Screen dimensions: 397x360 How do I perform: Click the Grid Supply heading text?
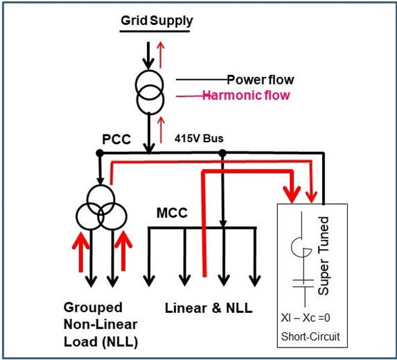157,21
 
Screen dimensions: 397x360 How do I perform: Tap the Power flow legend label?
261,80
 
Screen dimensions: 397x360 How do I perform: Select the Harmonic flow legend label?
246,95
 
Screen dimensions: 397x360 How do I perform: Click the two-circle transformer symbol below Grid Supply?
150,92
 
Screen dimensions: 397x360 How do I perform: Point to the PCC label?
116,139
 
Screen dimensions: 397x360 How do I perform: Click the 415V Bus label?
199,139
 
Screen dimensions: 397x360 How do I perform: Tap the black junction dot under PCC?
100,153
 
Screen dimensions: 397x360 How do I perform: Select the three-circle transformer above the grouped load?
101,207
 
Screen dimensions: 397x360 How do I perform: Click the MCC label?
172,213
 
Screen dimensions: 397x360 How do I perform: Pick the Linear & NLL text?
209,308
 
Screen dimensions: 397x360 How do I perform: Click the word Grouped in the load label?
93,308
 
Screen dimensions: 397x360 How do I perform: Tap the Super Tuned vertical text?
323,255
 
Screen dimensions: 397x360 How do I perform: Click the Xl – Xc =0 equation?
306,318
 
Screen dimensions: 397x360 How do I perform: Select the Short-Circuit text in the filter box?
310,336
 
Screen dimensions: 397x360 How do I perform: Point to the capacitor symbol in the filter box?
303,284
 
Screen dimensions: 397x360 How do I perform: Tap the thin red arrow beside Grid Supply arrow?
161,55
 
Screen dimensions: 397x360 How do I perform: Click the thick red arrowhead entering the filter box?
292,195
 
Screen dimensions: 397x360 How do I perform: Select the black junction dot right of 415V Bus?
222,153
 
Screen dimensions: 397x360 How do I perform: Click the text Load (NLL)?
100,342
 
